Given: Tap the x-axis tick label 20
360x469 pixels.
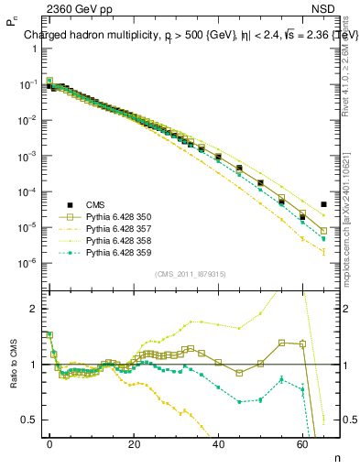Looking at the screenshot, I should coord(134,443).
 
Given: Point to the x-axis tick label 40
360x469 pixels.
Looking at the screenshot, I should coord(218,443).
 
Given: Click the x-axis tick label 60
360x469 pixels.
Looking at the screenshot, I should coord(302,443).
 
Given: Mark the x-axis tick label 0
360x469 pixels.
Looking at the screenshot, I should coord(49,443).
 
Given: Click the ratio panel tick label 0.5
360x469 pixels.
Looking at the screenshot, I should coord(28,420).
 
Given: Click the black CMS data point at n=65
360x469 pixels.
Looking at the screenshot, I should coord(324,204).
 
